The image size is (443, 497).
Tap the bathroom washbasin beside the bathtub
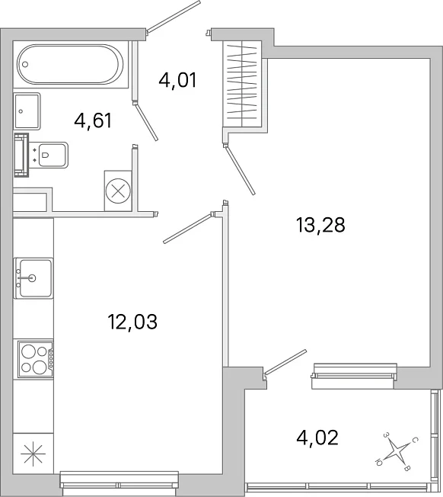point(27,111)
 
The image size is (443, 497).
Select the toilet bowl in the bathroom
point(53,155)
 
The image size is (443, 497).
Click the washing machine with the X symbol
point(118,191)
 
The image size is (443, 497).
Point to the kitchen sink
point(33,278)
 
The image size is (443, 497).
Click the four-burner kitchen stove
point(36,360)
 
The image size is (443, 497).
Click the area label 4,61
point(93,120)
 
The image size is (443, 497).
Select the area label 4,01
point(178,80)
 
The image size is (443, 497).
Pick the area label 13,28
point(320,226)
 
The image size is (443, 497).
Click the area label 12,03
point(132,322)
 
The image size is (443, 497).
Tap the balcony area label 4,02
point(317,438)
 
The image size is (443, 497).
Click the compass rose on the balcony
point(397,450)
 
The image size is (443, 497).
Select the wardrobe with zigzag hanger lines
point(242,84)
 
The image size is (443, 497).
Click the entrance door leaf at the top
point(174,17)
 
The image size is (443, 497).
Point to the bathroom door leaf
point(145,121)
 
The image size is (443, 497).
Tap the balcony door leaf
point(285,362)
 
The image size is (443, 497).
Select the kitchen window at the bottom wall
point(119,485)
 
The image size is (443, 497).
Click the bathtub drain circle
point(25,64)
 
